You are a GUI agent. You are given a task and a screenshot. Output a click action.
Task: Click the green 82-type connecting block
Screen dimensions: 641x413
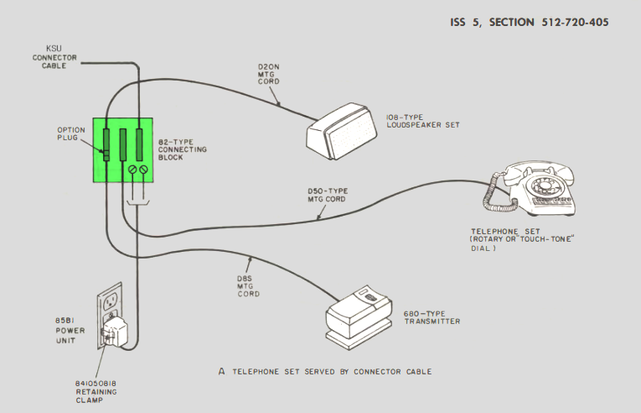tap(123, 150)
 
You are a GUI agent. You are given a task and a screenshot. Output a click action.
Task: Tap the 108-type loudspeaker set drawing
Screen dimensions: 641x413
tap(342, 131)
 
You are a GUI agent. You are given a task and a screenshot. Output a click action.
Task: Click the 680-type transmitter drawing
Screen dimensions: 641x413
tap(359, 317)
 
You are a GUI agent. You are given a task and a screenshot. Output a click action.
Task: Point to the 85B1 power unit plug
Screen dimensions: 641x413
tap(116, 330)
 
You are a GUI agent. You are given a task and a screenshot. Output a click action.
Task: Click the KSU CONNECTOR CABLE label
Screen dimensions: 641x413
tap(54, 57)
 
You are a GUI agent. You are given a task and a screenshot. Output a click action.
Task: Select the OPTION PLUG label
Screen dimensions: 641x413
tap(71, 134)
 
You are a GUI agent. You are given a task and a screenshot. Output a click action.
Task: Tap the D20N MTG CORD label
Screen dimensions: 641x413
tap(269, 74)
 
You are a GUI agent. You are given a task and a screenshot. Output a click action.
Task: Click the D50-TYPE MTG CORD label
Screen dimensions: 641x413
tap(328, 195)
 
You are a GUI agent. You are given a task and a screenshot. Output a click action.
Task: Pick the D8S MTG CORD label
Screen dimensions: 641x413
tap(248, 286)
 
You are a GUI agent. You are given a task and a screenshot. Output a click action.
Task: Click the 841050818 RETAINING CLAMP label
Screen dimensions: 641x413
tap(96, 392)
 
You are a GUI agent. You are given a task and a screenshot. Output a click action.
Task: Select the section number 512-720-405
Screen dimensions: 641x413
tap(575, 22)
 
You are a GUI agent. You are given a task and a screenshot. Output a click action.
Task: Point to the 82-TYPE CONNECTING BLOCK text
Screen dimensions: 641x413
tap(183, 149)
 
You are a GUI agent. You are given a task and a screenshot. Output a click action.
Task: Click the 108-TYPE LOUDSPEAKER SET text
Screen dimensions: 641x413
tap(423, 121)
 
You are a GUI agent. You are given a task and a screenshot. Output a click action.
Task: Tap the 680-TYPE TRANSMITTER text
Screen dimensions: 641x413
tap(432, 317)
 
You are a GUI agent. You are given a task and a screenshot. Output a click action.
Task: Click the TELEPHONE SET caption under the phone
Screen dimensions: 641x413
tap(505, 232)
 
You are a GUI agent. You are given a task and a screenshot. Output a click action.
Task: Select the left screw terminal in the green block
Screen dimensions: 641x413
tap(132, 170)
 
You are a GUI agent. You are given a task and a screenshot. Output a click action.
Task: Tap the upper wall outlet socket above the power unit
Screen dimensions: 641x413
tap(110, 303)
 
